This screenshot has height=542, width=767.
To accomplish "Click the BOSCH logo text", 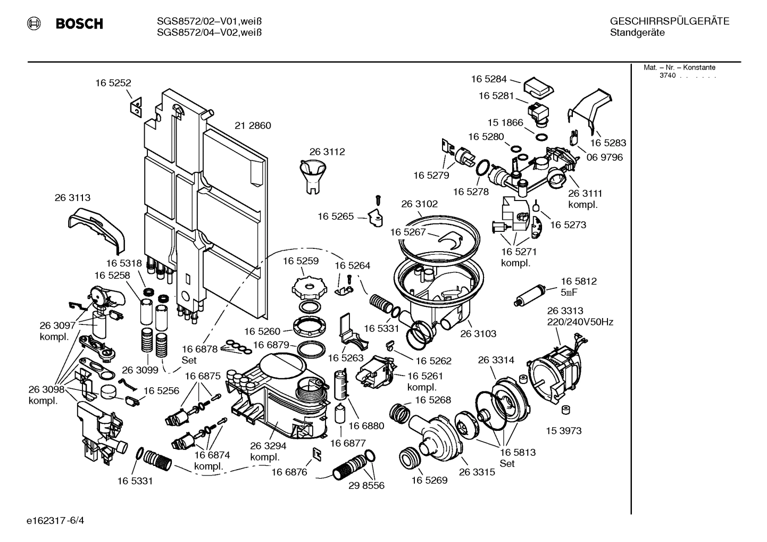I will click(79, 24).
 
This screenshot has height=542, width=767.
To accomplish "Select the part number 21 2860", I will click(253, 126).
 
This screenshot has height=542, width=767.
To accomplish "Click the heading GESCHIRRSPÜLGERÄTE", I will click(669, 21).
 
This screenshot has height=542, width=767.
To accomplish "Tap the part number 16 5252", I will click(113, 83).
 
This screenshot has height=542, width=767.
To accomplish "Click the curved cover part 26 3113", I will click(96, 229).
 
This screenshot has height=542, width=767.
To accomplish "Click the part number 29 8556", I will click(366, 485).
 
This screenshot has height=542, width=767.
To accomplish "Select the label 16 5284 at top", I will click(489, 79).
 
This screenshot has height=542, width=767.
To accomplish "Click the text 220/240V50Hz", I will click(580, 322).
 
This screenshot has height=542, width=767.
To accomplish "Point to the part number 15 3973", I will click(563, 430).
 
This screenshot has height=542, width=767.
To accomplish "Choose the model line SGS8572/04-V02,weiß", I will click(210, 32).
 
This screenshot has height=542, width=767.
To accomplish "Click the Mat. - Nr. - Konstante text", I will click(679, 68).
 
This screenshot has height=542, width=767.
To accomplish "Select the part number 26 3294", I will click(268, 446).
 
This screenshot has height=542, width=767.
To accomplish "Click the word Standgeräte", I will click(637, 32).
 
